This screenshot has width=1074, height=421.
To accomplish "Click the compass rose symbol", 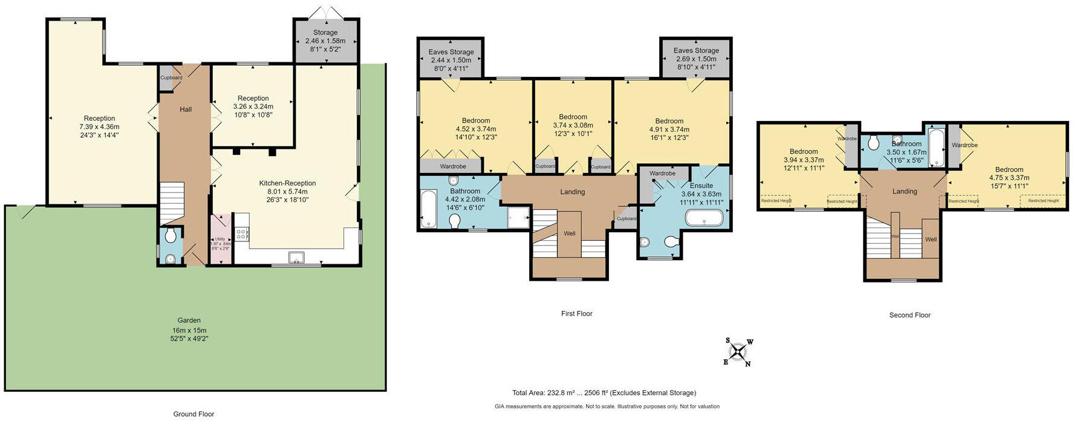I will coord(738,352).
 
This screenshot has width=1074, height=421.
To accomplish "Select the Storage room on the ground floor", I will coord(325,41).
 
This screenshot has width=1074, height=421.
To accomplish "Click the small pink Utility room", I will coord(220,240).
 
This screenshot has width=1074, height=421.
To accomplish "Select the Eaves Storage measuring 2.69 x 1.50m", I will coord(696,58).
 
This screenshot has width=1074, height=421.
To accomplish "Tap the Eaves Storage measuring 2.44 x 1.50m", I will coord(451,59).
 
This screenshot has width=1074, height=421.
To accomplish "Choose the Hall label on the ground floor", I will coord(186,109).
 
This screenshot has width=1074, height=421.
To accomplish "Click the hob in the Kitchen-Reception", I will coord(241,233).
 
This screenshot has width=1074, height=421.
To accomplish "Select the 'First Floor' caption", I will coord(576,313).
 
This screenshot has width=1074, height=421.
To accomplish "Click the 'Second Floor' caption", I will coord(910,315).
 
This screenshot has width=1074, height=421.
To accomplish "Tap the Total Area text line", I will coord(604,393).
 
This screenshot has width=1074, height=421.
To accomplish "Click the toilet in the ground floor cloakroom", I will coord(171,235).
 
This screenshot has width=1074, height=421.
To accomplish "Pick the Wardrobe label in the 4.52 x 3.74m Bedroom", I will coord(452,166).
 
